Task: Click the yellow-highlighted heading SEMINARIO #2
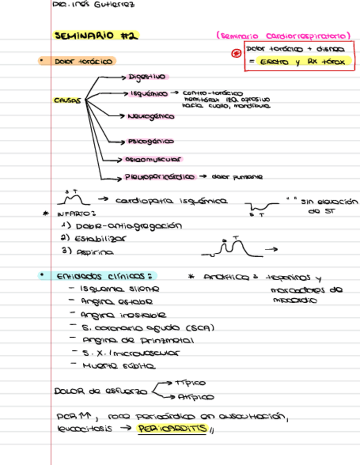96,36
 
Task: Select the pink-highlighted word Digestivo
147,77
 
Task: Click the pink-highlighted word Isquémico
149,94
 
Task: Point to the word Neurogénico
150,117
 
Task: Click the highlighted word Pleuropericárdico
160,177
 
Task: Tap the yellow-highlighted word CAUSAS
67,101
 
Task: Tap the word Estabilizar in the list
101,239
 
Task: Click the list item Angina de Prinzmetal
137,341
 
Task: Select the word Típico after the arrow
189,382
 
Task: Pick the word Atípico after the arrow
194,396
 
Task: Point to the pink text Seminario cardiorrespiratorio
283,36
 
